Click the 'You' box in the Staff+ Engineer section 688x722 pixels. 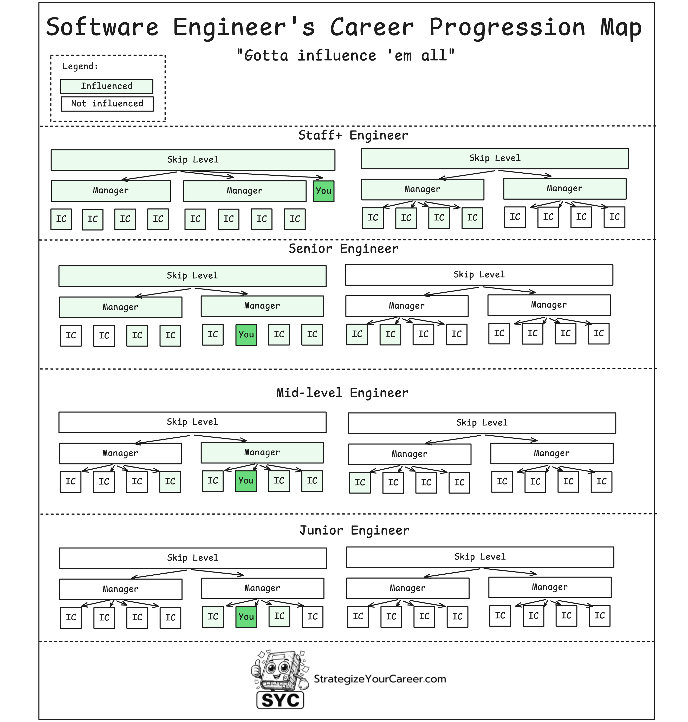(x=323, y=191)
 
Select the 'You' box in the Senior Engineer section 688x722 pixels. (x=246, y=334)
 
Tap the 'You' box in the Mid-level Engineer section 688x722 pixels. (x=246, y=481)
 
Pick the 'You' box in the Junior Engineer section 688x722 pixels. (x=246, y=617)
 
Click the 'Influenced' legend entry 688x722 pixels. (x=107, y=86)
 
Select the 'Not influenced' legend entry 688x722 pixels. (x=107, y=104)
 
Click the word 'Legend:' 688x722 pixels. (x=80, y=66)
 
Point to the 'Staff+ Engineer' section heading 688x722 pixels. (x=353, y=135)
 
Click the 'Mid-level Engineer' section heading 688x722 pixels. (x=342, y=393)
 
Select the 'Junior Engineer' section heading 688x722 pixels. (x=354, y=530)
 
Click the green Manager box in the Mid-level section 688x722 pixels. (x=262, y=453)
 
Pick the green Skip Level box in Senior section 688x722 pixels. (x=192, y=275)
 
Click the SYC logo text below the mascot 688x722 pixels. (x=280, y=700)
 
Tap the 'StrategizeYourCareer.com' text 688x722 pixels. (x=380, y=679)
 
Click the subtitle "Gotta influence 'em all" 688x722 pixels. (x=345, y=56)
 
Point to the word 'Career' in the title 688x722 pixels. (x=372, y=28)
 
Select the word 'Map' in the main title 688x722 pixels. (x=621, y=28)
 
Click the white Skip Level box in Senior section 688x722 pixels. (x=479, y=275)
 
